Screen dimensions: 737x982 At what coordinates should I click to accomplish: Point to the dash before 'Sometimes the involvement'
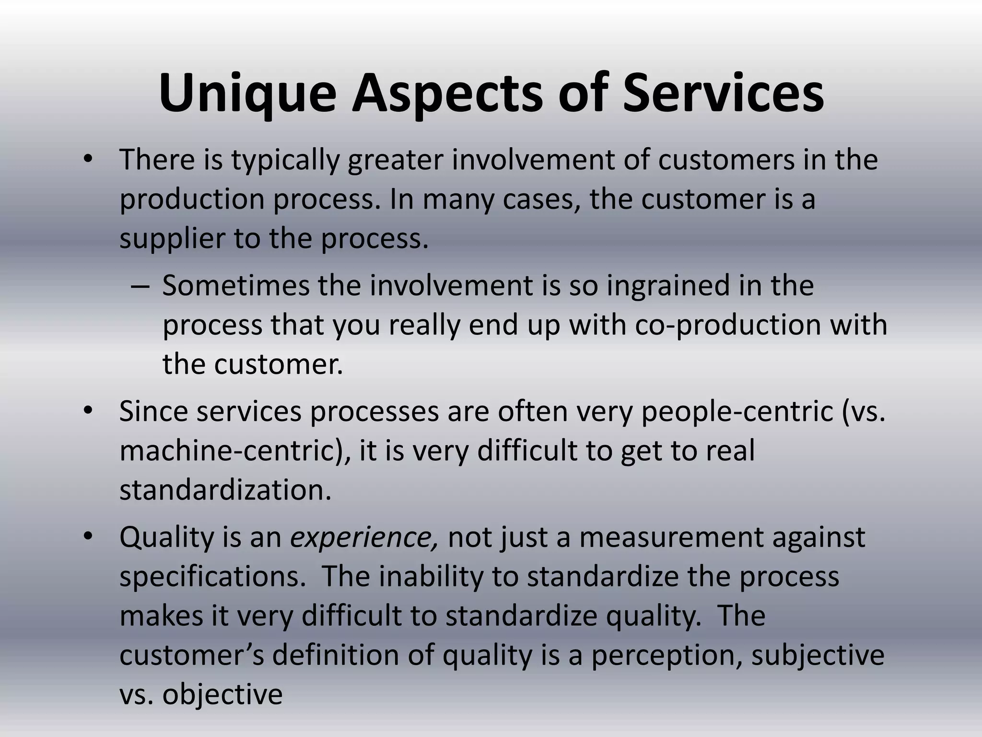click(x=140, y=286)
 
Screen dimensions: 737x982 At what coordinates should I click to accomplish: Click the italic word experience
click(x=363, y=537)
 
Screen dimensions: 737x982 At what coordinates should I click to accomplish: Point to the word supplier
click(x=172, y=238)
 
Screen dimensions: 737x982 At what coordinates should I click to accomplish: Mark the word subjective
click(x=818, y=655)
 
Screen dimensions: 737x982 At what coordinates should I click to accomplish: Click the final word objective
click(x=222, y=694)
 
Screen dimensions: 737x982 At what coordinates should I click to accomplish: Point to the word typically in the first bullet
click(x=286, y=160)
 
